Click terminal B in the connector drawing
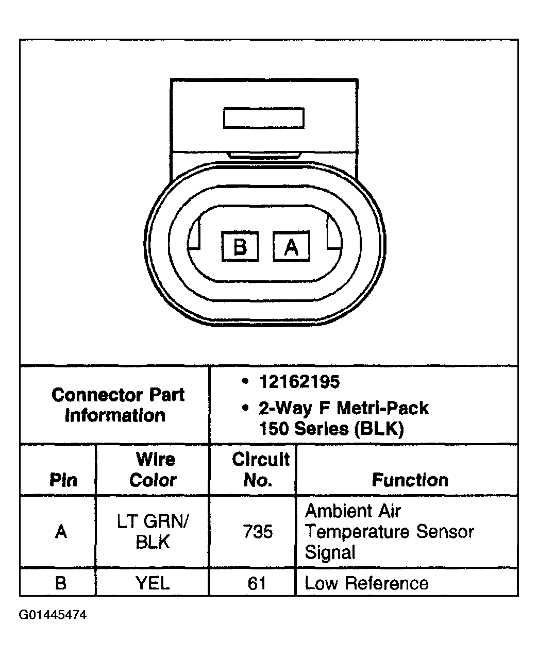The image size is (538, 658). pyautogui.click(x=240, y=246)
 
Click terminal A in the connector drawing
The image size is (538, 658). pyautogui.click(x=291, y=246)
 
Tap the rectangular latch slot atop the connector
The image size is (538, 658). pyautogui.click(x=264, y=118)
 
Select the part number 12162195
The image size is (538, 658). pyautogui.click(x=299, y=382)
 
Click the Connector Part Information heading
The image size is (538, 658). pyautogui.click(x=117, y=405)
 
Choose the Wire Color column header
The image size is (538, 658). pyautogui.click(x=153, y=469)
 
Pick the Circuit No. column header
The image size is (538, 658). pyautogui.click(x=261, y=469)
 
